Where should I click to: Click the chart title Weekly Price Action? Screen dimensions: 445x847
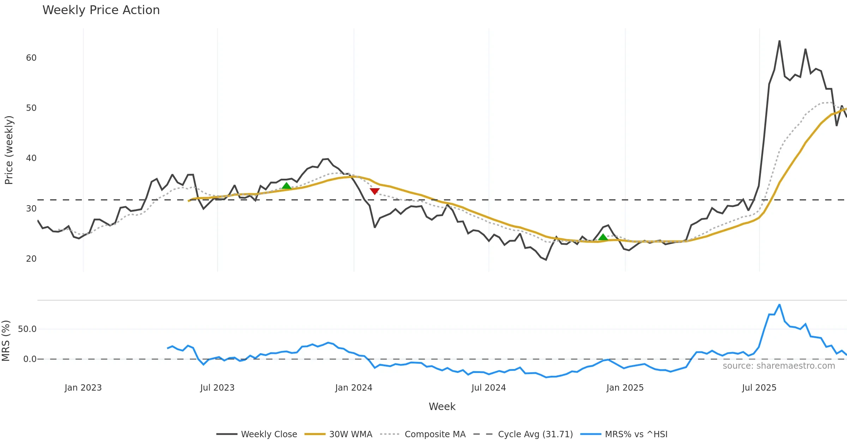pyautogui.click(x=101, y=10)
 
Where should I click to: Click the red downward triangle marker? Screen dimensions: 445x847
pyautogui.click(x=374, y=191)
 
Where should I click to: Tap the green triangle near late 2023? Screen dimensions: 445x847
pyautogui.click(x=286, y=186)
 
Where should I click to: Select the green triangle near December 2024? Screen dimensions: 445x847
pyautogui.click(x=603, y=237)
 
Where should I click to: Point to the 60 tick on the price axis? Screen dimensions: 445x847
pyautogui.click(x=31, y=58)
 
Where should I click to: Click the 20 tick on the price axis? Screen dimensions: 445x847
pyautogui.click(x=31, y=259)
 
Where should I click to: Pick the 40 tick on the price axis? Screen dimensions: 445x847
pyautogui.click(x=31, y=158)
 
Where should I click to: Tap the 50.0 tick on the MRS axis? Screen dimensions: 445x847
pyautogui.click(x=27, y=329)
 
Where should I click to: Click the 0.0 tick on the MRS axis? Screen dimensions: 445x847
pyautogui.click(x=30, y=359)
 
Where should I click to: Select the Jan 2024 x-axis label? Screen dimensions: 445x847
pyautogui.click(x=354, y=388)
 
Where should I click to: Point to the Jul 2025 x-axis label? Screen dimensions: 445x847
pyautogui.click(x=759, y=388)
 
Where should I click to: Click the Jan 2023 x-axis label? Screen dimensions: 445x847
pyautogui.click(x=83, y=388)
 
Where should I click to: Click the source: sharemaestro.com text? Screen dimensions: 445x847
pyautogui.click(x=779, y=366)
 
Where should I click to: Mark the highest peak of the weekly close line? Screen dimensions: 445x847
pyautogui.click(x=779, y=41)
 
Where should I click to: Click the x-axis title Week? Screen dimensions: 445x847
pyautogui.click(x=442, y=407)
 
